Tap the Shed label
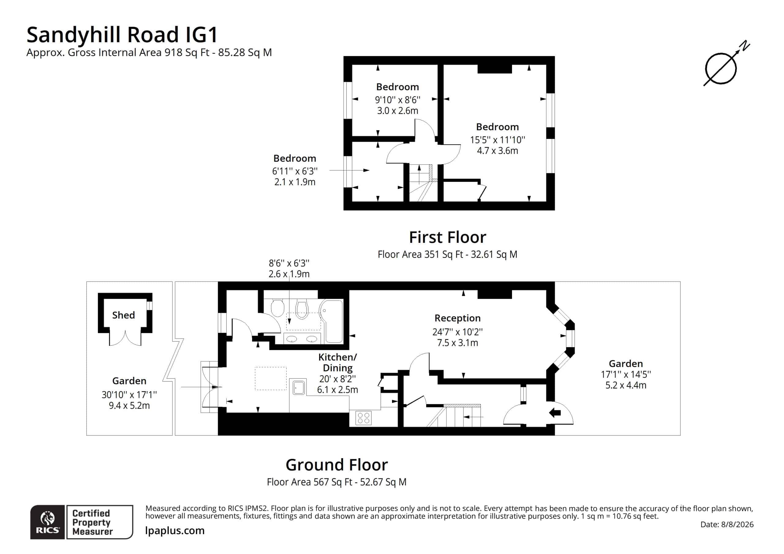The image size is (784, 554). click(x=123, y=315)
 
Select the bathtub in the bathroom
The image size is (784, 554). click(x=331, y=321)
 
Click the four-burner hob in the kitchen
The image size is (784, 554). click(x=363, y=418)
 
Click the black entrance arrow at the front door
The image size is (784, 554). click(x=555, y=413)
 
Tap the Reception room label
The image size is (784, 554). click(x=457, y=318)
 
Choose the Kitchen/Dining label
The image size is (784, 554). click(x=337, y=362)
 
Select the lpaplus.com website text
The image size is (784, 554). click(x=175, y=530)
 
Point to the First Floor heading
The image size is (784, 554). click(x=447, y=237)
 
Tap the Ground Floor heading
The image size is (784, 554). click(x=337, y=465)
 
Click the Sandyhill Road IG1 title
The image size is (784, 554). click(x=122, y=35)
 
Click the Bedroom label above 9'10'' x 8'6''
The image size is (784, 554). click(x=398, y=87)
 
